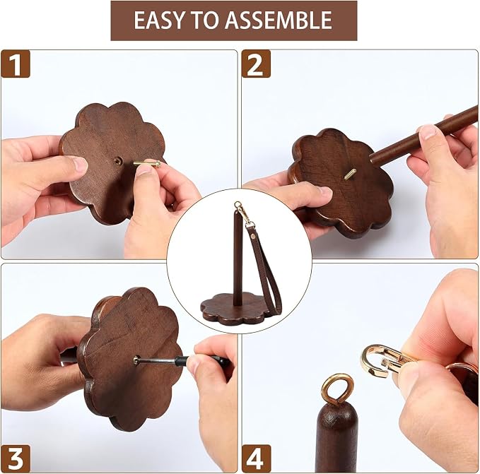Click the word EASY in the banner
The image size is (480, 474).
coord(159,20)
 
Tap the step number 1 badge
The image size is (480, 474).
coord(16,64)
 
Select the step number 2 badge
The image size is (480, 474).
coord(256,64)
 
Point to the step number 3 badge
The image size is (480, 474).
coord(16,458)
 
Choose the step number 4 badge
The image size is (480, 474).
coord(256,458)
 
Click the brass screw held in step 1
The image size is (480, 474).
coord(147,164)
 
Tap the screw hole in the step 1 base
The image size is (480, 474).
coord(118,160)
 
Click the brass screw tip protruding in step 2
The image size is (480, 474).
coord(350,174)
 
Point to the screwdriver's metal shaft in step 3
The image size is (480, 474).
coord(157,360)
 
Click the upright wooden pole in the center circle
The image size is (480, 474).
coord(238,258)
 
